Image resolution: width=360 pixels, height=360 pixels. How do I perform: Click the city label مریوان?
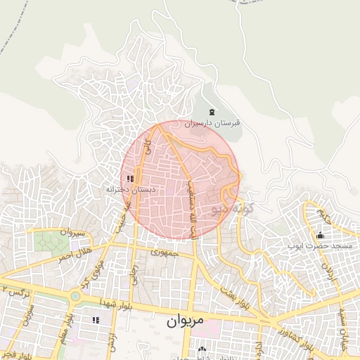click(x=186, y=321)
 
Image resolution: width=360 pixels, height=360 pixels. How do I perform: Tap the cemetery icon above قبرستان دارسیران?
click(x=212, y=112)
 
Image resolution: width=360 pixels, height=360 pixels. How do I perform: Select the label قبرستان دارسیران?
click(x=212, y=122)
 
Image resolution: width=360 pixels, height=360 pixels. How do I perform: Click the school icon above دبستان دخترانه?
click(x=130, y=179)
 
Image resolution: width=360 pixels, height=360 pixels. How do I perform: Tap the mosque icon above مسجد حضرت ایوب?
click(x=320, y=236)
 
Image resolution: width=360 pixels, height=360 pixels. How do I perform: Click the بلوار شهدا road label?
click(x=145, y=302)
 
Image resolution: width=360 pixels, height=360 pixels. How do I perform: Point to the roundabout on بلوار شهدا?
click(x=75, y=296)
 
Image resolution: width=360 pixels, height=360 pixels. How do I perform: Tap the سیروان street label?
click(x=72, y=231)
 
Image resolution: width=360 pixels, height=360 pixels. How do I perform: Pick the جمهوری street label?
click(x=167, y=252)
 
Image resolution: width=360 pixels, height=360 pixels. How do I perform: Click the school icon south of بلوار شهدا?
click(x=96, y=320)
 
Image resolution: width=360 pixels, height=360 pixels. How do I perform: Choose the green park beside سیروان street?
click(x=51, y=241)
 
